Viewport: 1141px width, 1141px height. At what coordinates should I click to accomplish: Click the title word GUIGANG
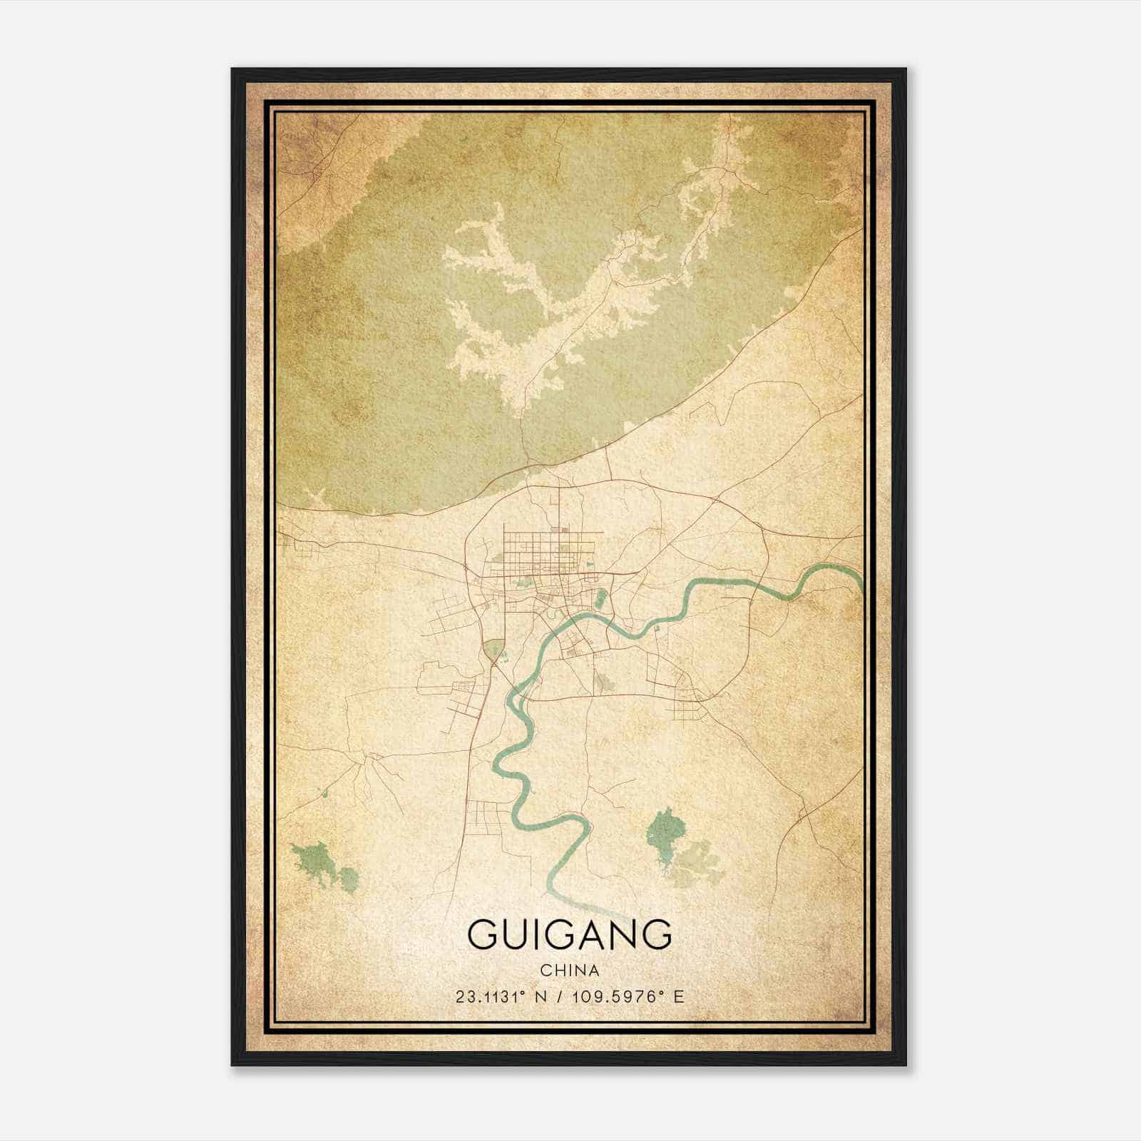(x=570, y=934)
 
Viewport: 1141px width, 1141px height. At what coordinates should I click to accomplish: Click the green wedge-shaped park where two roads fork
(x=492, y=650)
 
